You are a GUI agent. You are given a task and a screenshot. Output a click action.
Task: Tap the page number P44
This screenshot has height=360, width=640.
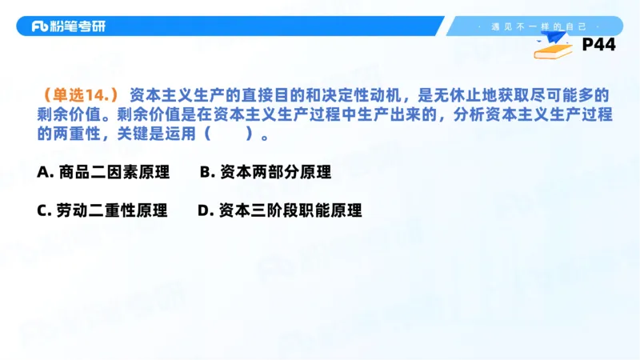[x=598, y=45]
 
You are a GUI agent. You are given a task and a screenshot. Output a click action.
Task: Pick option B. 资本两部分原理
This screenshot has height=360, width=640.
[x=265, y=171]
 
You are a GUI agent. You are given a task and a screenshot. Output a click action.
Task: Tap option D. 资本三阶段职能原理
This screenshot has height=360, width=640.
[x=279, y=210]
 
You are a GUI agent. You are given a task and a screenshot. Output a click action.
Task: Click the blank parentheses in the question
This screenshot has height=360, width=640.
[x=234, y=134]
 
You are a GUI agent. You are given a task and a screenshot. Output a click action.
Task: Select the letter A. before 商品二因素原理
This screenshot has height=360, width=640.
[x=45, y=171]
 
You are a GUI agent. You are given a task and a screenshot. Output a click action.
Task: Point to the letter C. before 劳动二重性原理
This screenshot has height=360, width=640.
[x=45, y=210]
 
